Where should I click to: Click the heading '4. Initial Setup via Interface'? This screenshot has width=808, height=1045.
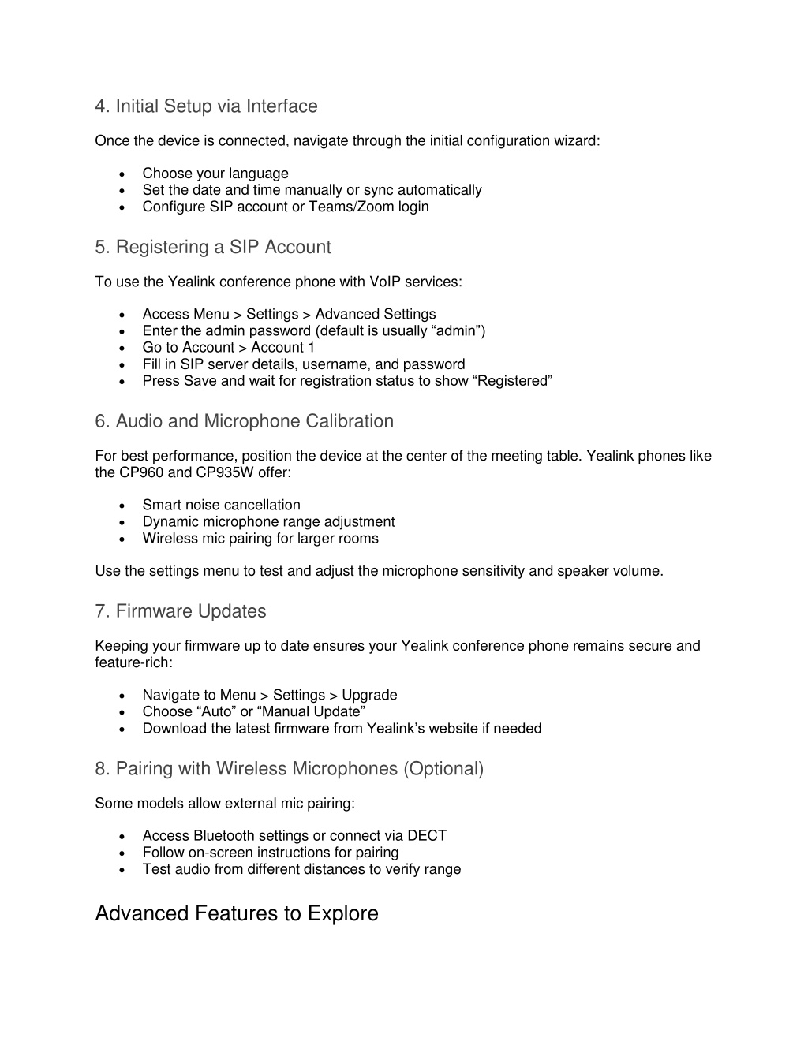pyautogui.click(x=206, y=106)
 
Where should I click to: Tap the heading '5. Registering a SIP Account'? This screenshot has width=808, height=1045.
pyautogui.click(x=213, y=248)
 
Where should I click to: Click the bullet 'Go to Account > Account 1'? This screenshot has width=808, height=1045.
pyautogui.click(x=229, y=348)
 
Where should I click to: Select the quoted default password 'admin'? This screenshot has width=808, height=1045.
pyautogui.click(x=458, y=331)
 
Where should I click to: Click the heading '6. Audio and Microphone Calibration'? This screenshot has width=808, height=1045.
pyautogui.click(x=244, y=422)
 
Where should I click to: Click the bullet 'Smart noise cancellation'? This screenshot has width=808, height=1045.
pyautogui.click(x=221, y=506)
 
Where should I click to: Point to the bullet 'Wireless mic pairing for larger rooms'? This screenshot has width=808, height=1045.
pyautogui.click(x=260, y=539)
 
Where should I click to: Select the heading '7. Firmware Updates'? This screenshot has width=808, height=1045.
pyautogui.click(x=181, y=612)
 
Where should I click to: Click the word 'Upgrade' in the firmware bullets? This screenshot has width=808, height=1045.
pyautogui.click(x=369, y=696)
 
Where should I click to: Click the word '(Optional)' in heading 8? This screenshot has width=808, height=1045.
pyautogui.click(x=443, y=769)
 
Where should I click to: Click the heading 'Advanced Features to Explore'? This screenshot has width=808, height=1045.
pyautogui.click(x=237, y=913)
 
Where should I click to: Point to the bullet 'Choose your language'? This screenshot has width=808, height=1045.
pyautogui.click(x=215, y=174)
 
